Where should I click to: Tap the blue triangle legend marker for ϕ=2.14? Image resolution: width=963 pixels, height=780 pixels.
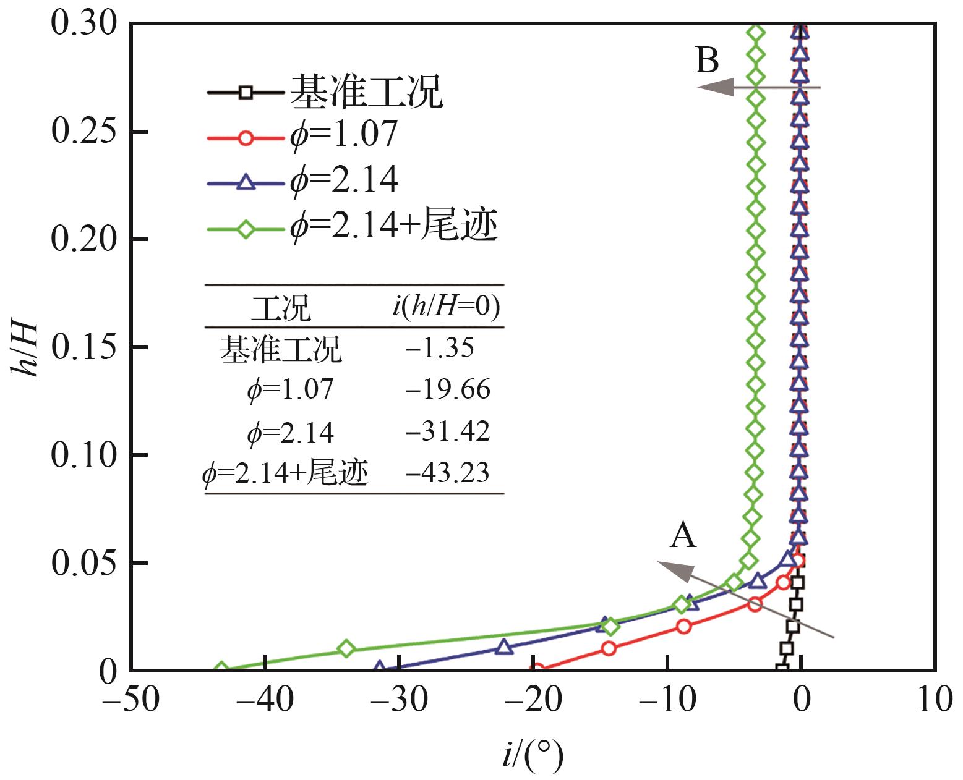point(246,182)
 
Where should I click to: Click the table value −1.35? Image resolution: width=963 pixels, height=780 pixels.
point(440,348)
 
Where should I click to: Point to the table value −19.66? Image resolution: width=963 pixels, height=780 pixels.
point(448,390)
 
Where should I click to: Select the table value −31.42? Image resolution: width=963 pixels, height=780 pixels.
point(448,431)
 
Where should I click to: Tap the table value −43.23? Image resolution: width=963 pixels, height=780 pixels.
point(448,473)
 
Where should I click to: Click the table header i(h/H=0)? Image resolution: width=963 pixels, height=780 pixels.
point(446,307)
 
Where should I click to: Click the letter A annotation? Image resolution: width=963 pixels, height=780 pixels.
point(683,535)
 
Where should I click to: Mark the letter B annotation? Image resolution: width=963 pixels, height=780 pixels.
point(708,61)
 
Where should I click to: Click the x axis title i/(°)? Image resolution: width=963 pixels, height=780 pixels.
point(533,755)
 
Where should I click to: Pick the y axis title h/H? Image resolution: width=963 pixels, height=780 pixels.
point(25,347)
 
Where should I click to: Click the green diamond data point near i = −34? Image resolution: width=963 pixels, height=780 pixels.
point(346,648)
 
